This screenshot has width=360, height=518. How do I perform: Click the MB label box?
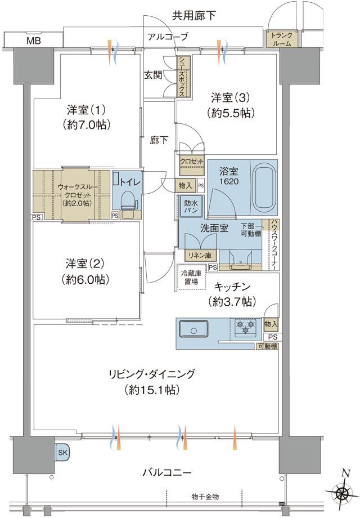(x=31, y=41)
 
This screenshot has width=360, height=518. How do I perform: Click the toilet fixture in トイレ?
(x=127, y=201)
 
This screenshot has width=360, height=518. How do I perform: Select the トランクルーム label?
(x=280, y=39)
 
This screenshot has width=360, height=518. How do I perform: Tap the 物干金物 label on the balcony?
(x=205, y=496)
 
